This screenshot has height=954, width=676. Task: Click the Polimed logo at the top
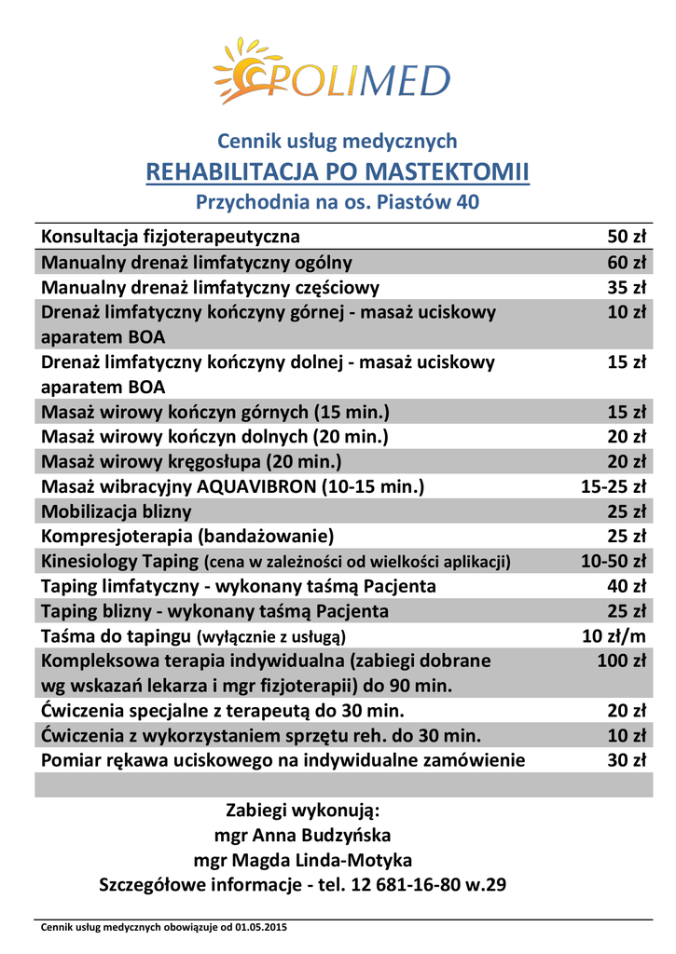pyautogui.click(x=331, y=71)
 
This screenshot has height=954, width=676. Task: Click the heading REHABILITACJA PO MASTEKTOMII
pyautogui.click(x=338, y=172)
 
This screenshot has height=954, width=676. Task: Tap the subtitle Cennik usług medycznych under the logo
pyautogui.click(x=338, y=142)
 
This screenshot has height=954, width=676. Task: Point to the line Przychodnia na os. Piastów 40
pyautogui.click(x=338, y=201)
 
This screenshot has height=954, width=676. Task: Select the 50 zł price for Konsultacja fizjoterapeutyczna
pyautogui.click(x=626, y=236)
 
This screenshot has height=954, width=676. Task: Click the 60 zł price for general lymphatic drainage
pyautogui.click(x=626, y=262)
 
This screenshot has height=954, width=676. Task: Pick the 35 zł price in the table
pyautogui.click(x=626, y=287)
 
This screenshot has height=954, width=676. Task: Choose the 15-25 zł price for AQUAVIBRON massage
pyautogui.click(x=613, y=486)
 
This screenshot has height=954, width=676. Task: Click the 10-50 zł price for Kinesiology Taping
pyautogui.click(x=613, y=561)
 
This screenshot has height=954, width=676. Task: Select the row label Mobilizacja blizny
pyautogui.click(x=117, y=511)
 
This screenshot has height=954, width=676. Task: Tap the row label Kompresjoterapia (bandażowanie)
pyautogui.click(x=187, y=536)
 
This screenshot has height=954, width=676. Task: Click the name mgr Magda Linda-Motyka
pyautogui.click(x=303, y=860)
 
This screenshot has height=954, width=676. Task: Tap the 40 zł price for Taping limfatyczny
pyautogui.click(x=626, y=586)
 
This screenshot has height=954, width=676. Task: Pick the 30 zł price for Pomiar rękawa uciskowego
pyautogui.click(x=626, y=760)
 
